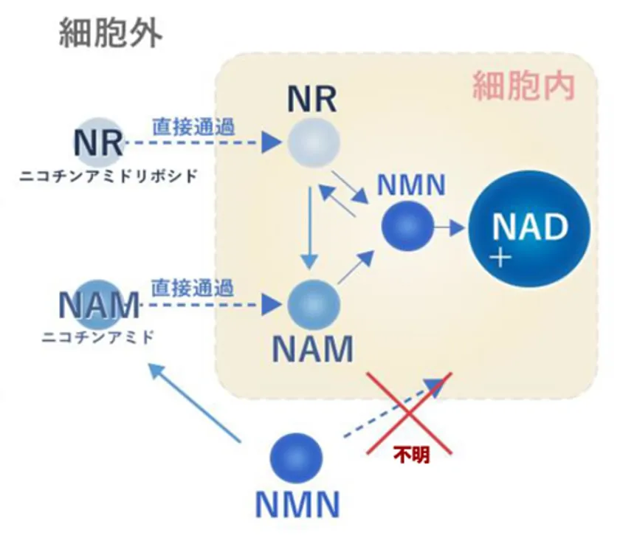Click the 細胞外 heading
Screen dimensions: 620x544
click(111, 34)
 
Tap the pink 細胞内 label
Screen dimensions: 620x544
click(523, 86)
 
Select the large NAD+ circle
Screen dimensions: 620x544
click(529, 228)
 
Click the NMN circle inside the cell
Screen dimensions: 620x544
click(407, 226)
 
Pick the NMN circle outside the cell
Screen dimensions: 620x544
click(296, 458)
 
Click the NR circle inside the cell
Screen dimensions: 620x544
click(314, 142)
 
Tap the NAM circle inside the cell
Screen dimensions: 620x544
click(314, 305)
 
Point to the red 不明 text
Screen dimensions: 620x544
click(411, 455)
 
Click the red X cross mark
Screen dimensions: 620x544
click(410, 413)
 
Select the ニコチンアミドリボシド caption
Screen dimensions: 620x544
click(108, 176)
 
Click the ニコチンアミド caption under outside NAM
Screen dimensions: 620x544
click(97, 337)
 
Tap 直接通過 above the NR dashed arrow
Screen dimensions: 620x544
click(193, 127)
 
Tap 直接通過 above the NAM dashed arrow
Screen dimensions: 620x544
click(192, 288)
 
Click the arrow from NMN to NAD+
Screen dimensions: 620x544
click(449, 227)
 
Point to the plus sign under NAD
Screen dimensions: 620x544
click(500, 258)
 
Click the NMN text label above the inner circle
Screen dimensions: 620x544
click(411, 185)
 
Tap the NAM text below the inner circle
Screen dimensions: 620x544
click(313, 349)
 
